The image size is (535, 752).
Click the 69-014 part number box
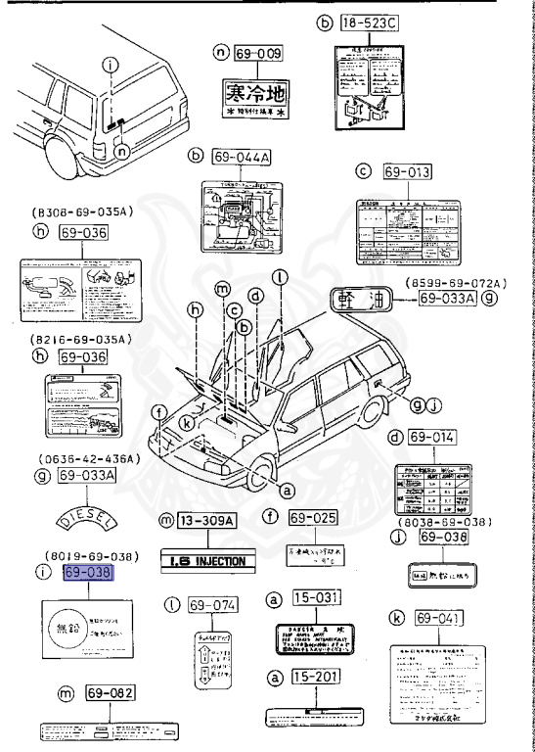pos(435,438)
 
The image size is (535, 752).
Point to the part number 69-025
pos(319,515)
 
